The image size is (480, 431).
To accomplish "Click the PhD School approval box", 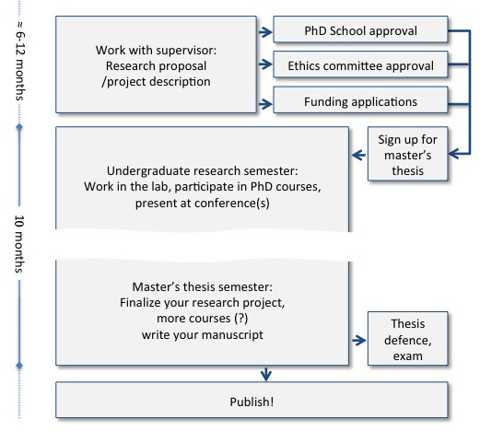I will (360, 30).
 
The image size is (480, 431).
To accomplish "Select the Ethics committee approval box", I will (360, 66).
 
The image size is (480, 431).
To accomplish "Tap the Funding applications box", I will (360, 101).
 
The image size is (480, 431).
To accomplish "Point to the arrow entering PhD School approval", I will (265, 31).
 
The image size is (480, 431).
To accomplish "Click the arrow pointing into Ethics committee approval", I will (265, 66).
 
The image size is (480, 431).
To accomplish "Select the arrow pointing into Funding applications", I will (265, 101).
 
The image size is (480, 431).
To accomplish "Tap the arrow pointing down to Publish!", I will (266, 374).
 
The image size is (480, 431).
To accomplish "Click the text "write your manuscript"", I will (202, 334).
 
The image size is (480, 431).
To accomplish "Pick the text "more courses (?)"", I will (202, 319).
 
